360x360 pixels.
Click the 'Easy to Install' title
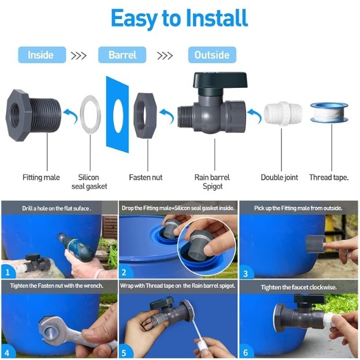tap(179, 18)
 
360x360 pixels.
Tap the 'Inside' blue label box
tap(42, 55)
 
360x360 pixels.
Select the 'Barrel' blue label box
tap(122, 55)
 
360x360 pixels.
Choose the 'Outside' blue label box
tap(212, 55)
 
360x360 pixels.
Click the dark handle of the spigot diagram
tap(220, 80)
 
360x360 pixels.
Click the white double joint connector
tap(283, 114)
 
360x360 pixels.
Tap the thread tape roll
tap(329, 113)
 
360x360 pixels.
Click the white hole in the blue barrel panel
tap(118, 116)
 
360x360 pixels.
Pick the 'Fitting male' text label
tap(41, 177)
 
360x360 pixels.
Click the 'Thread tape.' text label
tap(329, 177)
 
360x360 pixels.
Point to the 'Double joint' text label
tap(280, 177)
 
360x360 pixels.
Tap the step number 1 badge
tap(8, 272)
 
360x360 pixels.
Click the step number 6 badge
tap(246, 352)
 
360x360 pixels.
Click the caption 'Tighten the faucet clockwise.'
tap(299, 287)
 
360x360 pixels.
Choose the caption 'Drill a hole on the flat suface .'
tap(57, 209)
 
